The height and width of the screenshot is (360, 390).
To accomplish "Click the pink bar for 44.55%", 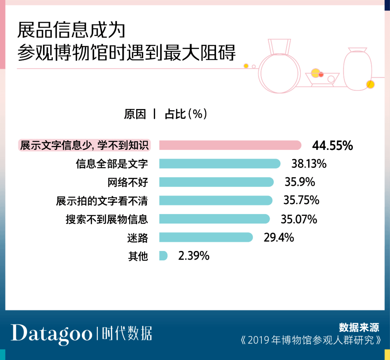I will (x=230, y=145).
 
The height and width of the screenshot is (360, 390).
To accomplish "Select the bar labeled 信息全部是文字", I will (x=220, y=164).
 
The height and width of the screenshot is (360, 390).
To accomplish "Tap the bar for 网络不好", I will (x=216, y=182).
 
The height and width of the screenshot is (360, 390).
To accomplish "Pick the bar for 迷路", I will (x=206, y=237).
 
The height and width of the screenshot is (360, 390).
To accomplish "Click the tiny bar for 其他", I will (x=163, y=256).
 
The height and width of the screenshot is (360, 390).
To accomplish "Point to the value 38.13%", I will (x=309, y=164).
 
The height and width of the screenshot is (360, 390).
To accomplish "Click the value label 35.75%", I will (x=301, y=200).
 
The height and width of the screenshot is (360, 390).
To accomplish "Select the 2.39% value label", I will (x=194, y=256).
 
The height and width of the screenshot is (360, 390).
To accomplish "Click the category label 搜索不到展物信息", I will (x=107, y=219).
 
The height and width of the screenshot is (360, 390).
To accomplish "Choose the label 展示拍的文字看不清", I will (x=102, y=201).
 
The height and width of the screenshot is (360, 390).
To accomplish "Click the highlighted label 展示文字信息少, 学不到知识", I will (x=84, y=145).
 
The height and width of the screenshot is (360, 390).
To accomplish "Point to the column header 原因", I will (x=135, y=114).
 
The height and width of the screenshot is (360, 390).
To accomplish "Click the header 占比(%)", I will (x=186, y=114).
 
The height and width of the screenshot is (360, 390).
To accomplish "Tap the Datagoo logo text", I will (x=52, y=333).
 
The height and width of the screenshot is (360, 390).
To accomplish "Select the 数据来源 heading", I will (x=359, y=328).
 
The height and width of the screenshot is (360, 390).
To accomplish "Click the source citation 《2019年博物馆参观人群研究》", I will (x=311, y=340).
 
